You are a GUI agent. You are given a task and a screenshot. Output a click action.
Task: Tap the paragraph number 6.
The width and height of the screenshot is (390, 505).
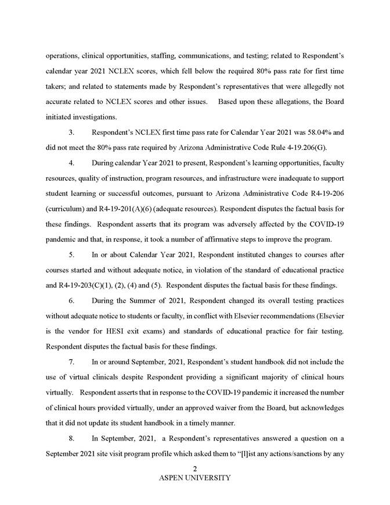pyautogui.click(x=71, y=302)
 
